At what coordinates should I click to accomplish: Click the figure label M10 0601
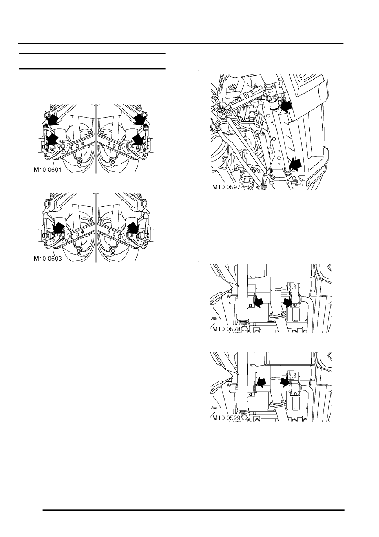(x=48, y=170)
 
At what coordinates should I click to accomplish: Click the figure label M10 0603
(x=48, y=259)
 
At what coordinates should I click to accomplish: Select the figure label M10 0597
(x=226, y=187)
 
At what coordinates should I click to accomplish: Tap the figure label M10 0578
(x=226, y=329)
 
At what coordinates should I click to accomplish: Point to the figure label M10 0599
(x=226, y=418)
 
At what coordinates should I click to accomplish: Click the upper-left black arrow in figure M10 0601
(x=53, y=119)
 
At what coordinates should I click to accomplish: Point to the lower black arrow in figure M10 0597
(x=295, y=165)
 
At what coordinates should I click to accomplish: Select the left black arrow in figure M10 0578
(x=258, y=303)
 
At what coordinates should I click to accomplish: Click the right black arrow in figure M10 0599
(x=285, y=382)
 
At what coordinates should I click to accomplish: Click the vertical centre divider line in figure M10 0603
(x=96, y=227)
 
